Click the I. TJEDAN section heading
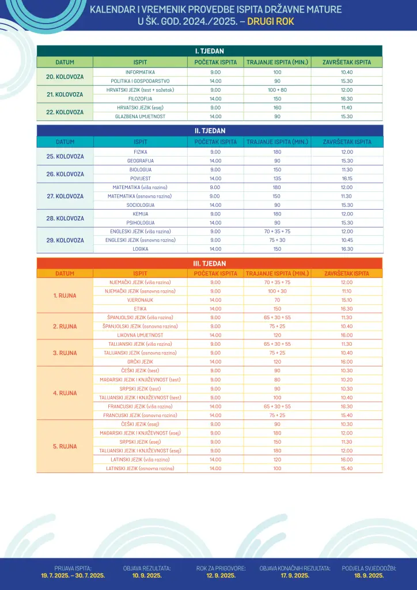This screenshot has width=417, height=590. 209,51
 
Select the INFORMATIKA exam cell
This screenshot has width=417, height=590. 140,72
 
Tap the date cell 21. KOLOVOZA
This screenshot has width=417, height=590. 65,94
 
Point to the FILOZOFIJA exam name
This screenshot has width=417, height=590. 140,99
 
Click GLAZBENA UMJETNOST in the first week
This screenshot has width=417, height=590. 140,116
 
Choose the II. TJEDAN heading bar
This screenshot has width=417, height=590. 209,131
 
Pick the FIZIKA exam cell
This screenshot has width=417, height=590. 140,152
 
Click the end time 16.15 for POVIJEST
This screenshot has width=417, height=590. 347,179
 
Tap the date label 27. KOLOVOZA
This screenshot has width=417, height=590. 65,196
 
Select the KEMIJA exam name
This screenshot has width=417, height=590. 140,214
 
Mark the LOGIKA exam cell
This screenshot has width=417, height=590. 140,249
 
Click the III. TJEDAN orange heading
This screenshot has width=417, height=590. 209,263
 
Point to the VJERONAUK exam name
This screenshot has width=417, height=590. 140,300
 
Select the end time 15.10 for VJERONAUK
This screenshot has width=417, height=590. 347,300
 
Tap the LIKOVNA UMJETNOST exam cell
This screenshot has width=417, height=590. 140,335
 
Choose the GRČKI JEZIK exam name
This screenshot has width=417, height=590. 140,361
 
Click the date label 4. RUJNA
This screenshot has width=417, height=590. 65,393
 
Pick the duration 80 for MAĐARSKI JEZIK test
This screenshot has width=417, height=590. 277,379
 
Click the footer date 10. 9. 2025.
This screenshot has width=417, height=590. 147,575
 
